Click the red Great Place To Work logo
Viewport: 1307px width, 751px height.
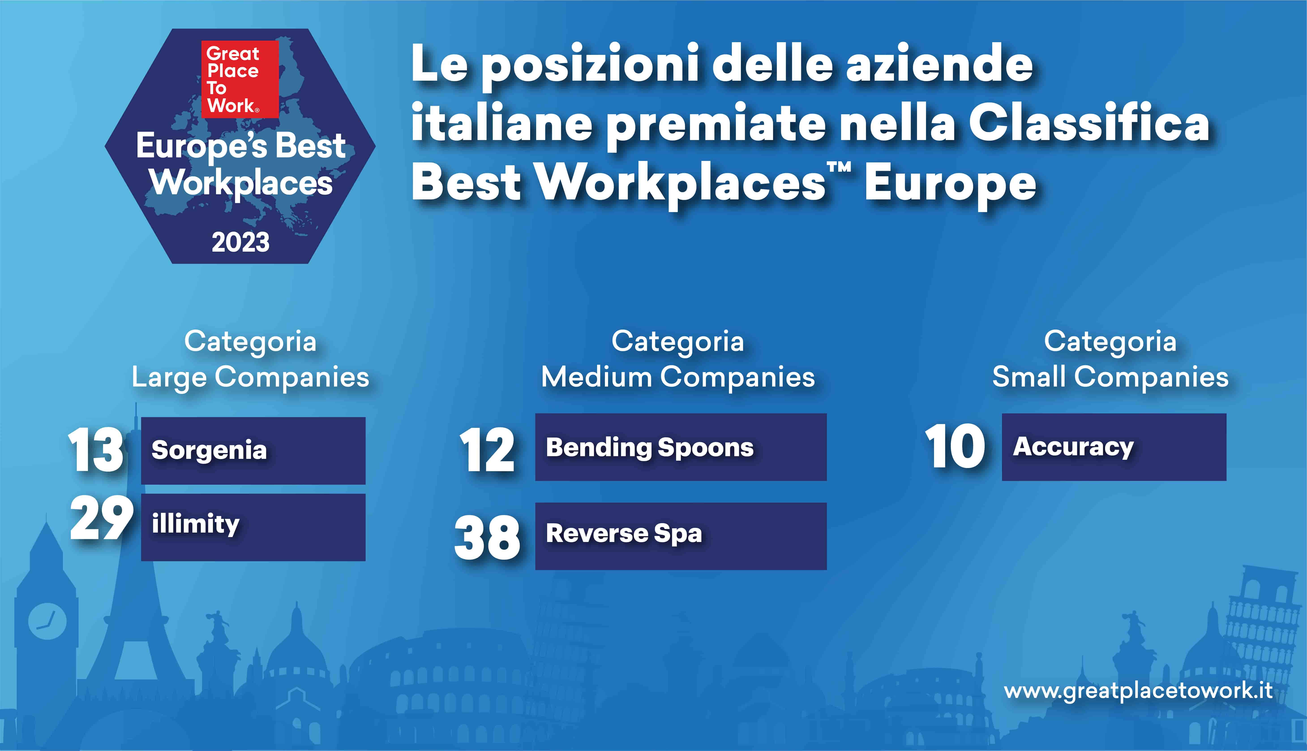pos(240,79)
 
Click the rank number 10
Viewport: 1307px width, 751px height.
pos(955,447)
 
